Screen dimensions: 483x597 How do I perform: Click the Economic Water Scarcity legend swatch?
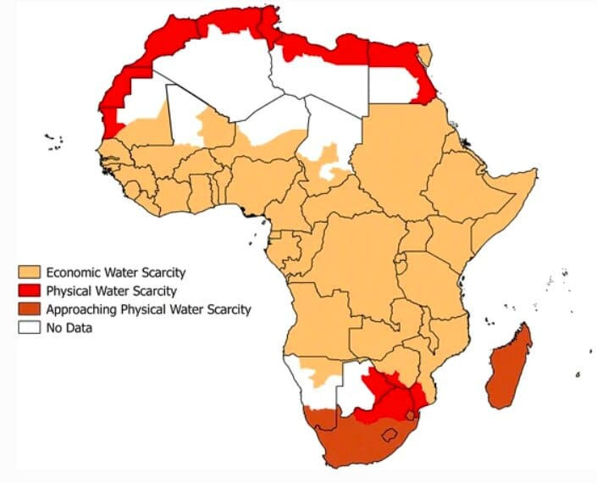(30, 273)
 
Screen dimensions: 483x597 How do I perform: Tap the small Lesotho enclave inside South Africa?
(392, 436)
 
